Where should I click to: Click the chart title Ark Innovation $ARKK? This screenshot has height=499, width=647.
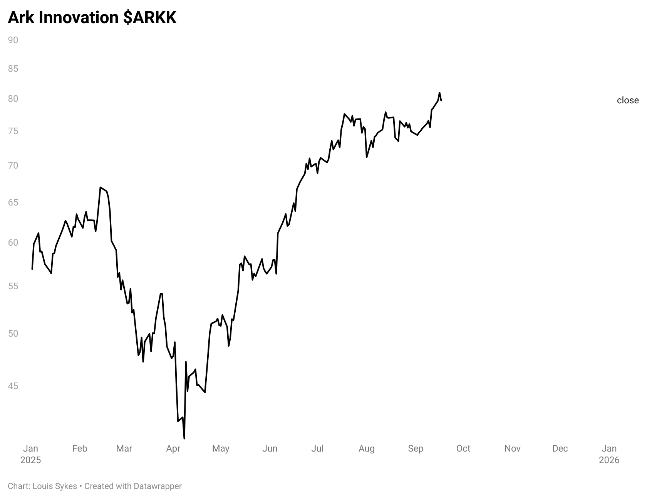(x=92, y=18)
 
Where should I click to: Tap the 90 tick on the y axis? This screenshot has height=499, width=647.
(x=13, y=40)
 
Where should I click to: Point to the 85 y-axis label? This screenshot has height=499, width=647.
(x=13, y=69)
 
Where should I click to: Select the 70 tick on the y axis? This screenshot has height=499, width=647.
(x=13, y=165)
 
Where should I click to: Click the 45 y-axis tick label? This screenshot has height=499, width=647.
(x=13, y=386)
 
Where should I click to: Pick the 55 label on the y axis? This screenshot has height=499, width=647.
(x=13, y=286)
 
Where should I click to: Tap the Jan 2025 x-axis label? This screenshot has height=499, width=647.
(x=30, y=454)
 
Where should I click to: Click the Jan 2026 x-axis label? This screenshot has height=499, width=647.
(x=609, y=454)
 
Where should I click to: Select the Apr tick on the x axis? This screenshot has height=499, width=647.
(x=173, y=448)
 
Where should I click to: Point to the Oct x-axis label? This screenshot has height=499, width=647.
(x=463, y=448)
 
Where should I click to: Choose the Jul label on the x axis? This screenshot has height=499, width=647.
(x=317, y=448)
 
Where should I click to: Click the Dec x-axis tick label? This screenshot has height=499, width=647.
(x=560, y=448)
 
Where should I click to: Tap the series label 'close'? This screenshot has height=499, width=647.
(x=627, y=100)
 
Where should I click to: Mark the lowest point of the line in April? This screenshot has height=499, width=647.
(x=184, y=438)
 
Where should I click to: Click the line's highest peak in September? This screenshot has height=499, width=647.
(x=439, y=93)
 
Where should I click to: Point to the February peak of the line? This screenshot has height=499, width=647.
(x=101, y=187)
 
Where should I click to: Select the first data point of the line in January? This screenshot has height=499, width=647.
(x=32, y=269)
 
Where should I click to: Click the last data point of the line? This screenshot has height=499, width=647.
(x=441, y=101)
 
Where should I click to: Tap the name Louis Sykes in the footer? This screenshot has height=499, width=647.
(x=55, y=486)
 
